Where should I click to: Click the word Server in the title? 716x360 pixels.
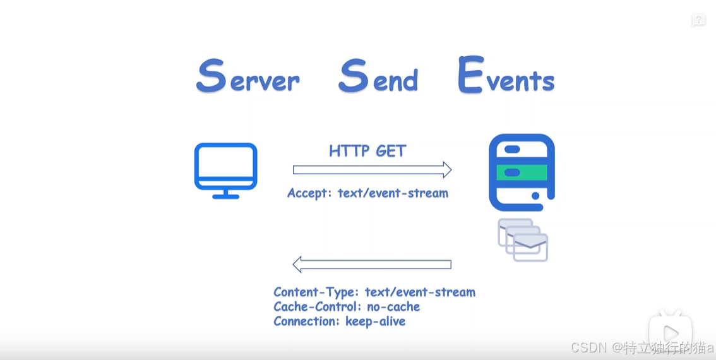[x=248, y=77]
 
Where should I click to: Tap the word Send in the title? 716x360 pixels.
[x=378, y=77]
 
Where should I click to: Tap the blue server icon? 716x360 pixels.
[x=522, y=172]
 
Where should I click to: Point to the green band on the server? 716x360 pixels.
[x=522, y=172]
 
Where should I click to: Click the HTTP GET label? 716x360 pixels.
[x=367, y=151]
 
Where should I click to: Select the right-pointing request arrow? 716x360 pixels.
[x=372, y=169]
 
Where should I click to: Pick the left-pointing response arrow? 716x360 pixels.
[x=372, y=264]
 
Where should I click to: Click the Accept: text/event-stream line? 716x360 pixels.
[x=367, y=193]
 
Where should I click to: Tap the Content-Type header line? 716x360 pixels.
[x=374, y=292]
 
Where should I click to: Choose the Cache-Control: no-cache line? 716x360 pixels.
[x=347, y=306]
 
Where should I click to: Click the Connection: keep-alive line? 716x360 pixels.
[x=339, y=321]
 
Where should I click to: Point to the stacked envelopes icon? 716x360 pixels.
[x=523, y=240]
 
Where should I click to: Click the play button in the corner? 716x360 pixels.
[x=671, y=331]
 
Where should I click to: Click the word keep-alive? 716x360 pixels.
[x=375, y=321]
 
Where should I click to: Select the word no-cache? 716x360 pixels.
[x=393, y=306]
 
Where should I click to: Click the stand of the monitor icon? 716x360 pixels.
[x=225, y=194]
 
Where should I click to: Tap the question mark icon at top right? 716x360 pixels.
[x=698, y=20]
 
